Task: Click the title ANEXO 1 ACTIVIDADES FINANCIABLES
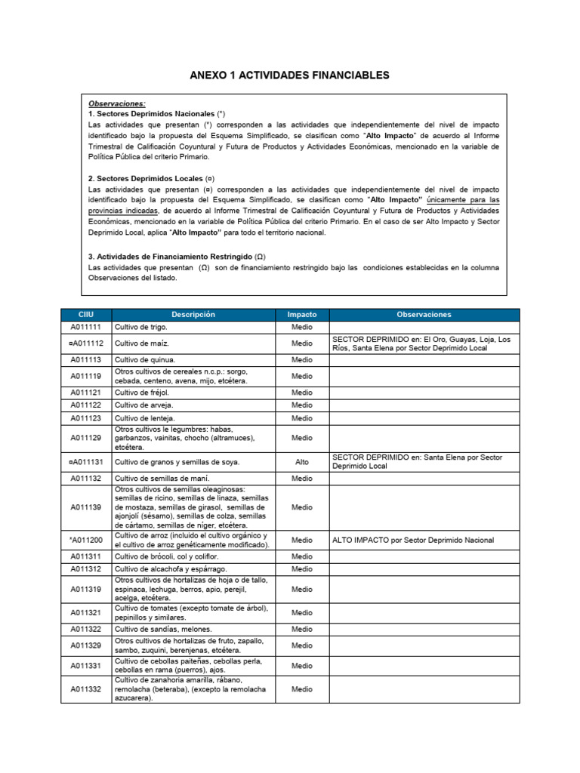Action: (x=290, y=75)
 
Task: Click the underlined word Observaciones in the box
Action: (x=117, y=103)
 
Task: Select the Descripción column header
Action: (x=193, y=314)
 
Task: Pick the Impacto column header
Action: (x=302, y=314)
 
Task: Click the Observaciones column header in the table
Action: (x=423, y=314)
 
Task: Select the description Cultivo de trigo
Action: (x=141, y=328)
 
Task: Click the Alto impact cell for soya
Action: (x=302, y=462)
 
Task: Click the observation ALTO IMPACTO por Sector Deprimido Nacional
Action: (x=413, y=540)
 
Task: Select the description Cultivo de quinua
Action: (x=144, y=360)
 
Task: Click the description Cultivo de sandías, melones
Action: (x=163, y=630)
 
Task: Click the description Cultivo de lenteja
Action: (x=144, y=418)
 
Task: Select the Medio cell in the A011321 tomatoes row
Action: (x=302, y=613)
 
